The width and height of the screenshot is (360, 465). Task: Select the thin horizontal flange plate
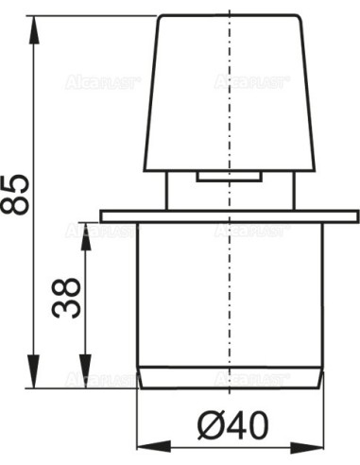pos(230,216)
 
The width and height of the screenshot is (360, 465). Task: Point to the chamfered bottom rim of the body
pos(230,378)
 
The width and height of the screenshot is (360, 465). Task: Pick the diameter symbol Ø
pos(210,427)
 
